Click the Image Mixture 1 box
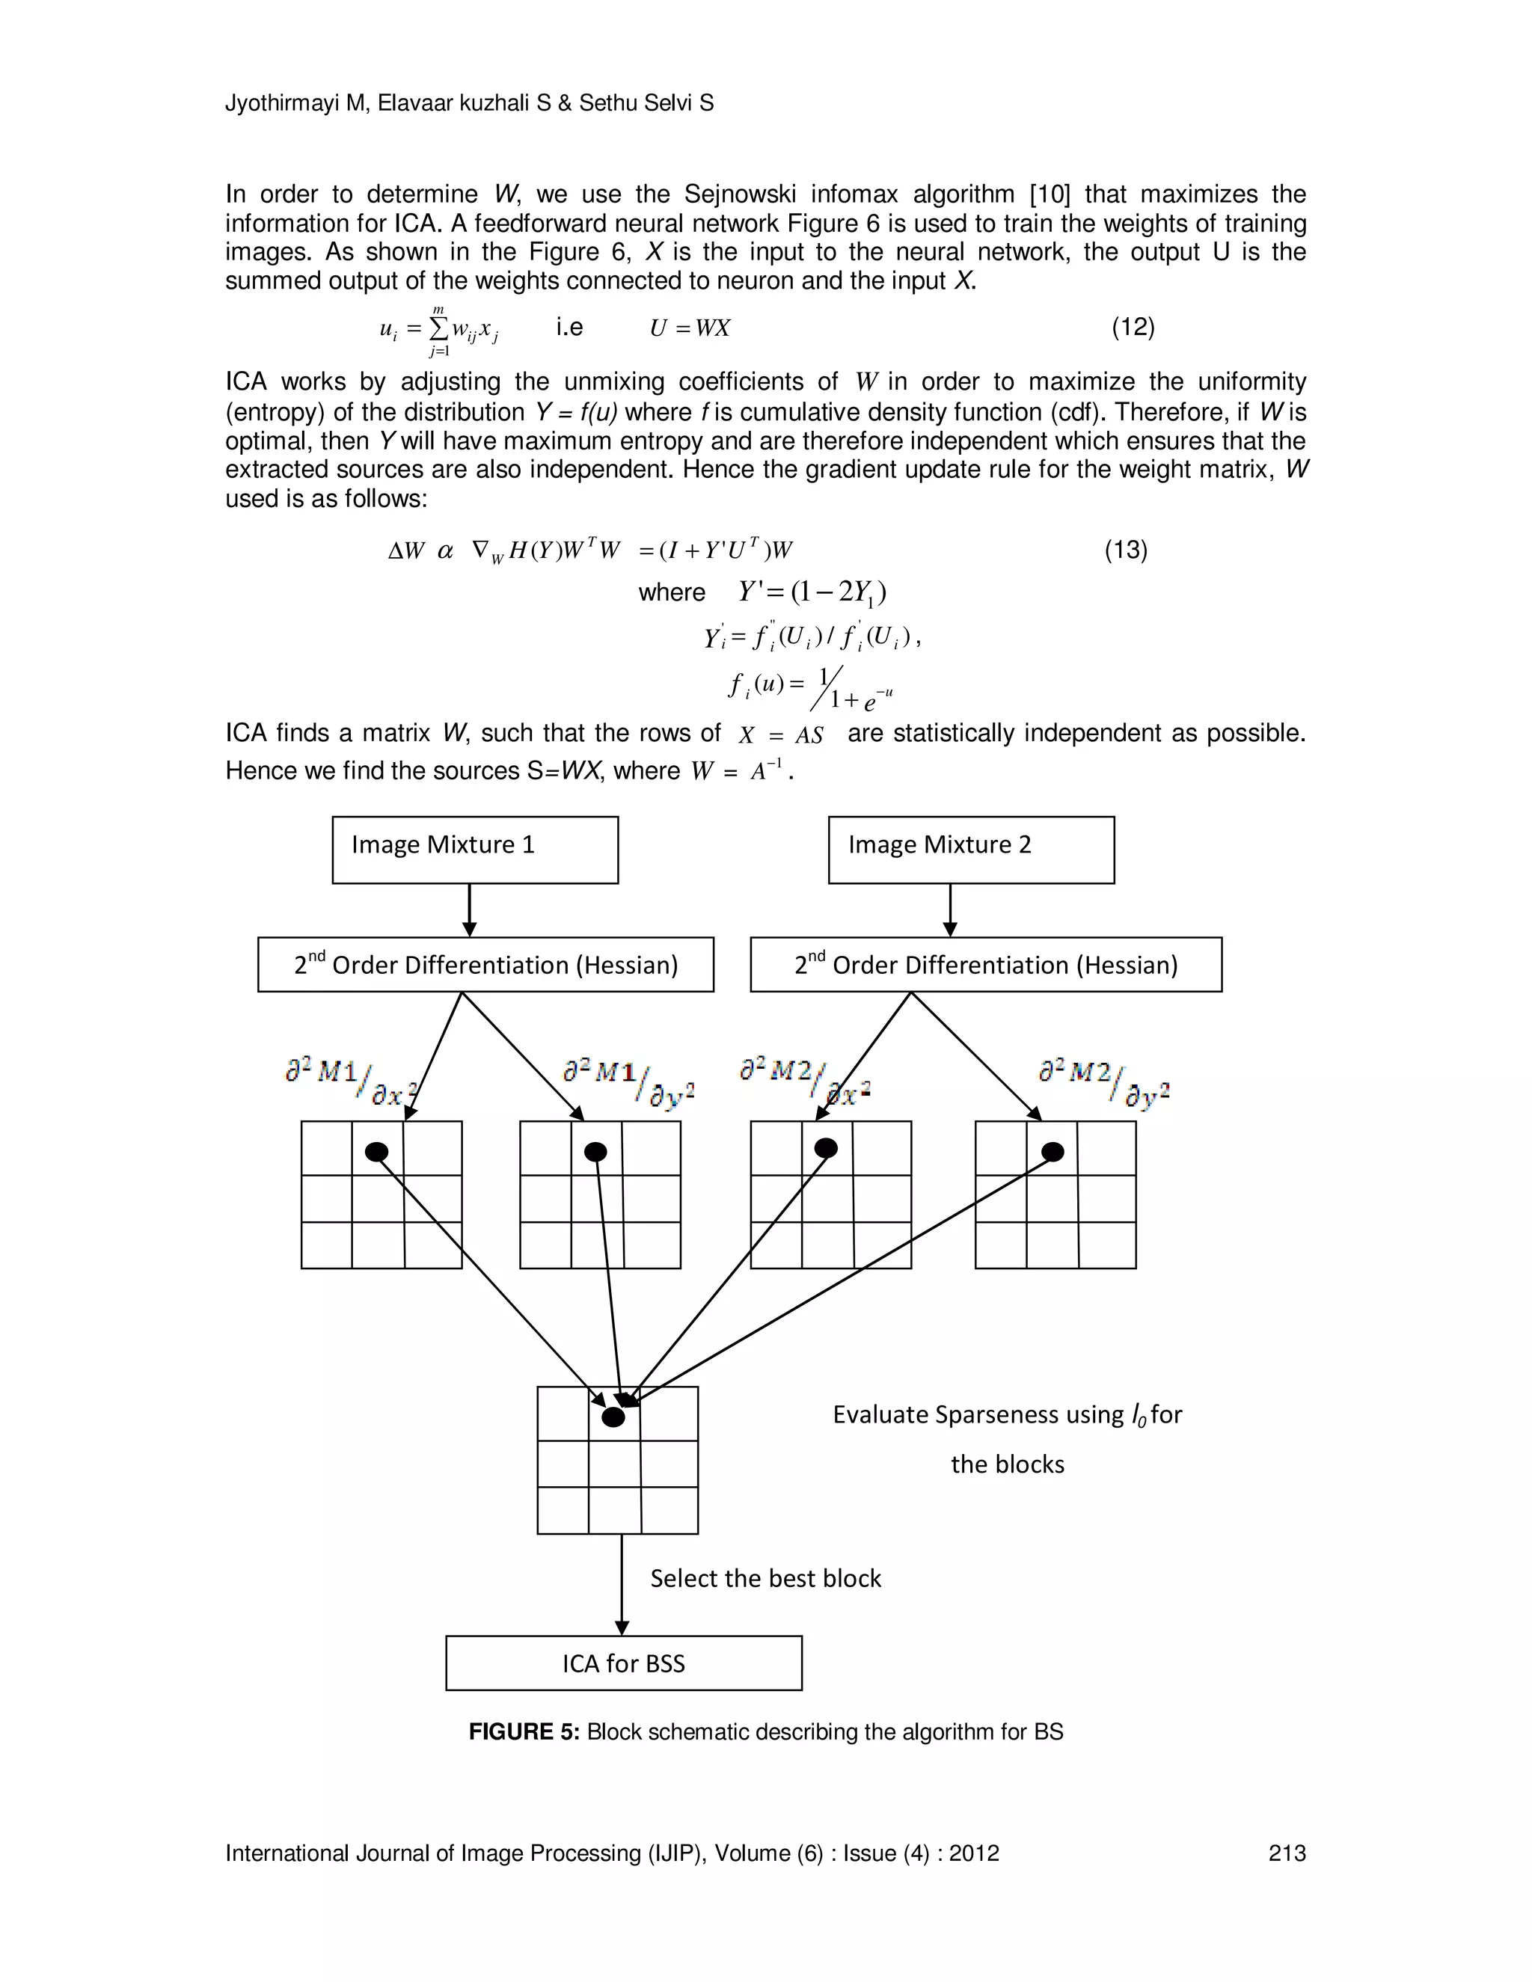coord(475,850)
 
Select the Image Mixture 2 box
coord(971,850)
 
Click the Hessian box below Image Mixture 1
coord(485,964)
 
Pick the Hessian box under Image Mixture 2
coord(986,964)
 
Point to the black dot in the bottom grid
coord(613,1417)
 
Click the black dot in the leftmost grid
coord(377,1152)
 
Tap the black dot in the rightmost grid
coord(1052,1152)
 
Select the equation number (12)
coord(1133,327)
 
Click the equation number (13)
coord(1125,550)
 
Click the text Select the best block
coord(765,1578)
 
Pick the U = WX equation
coord(690,328)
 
